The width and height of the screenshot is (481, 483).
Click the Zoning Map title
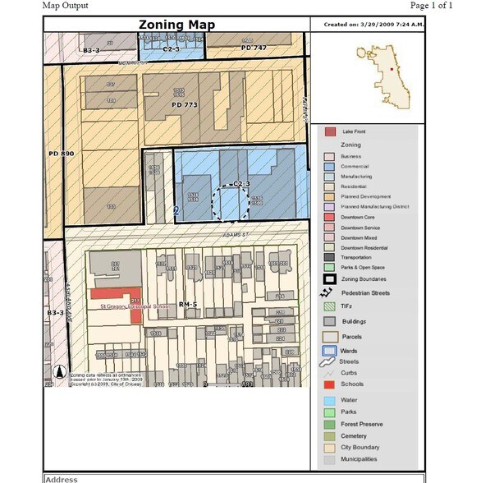176,25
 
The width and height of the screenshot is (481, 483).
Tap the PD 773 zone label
185,105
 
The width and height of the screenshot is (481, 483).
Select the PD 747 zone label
254,48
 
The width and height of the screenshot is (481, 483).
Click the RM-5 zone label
189,304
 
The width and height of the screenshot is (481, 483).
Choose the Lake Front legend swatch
330,131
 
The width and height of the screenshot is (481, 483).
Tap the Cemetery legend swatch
329,435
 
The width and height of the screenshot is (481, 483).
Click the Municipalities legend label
360,459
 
